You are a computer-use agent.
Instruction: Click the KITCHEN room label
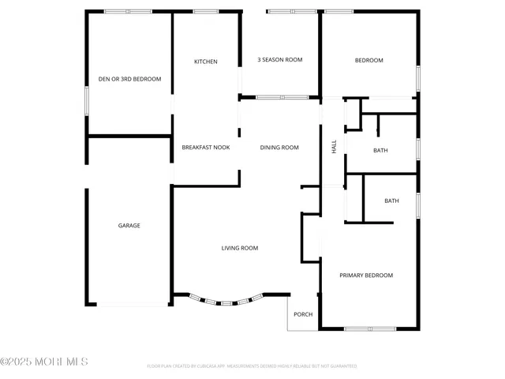point(206,62)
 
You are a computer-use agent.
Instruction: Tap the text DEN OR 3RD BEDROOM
point(129,79)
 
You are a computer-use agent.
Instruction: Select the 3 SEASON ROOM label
point(280,60)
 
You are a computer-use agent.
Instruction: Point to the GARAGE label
point(129,226)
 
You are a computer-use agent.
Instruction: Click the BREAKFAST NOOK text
point(206,147)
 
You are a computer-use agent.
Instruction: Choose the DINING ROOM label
point(280,147)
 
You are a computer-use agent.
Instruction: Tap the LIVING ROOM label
point(239,248)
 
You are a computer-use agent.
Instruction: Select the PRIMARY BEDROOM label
point(366,276)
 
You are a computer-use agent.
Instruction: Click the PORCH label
point(303,314)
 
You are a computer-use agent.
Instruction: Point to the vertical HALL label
point(334,146)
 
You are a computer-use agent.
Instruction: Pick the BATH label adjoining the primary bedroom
point(391,201)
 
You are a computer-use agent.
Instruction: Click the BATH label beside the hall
point(380,150)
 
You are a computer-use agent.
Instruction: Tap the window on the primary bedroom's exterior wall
point(370,328)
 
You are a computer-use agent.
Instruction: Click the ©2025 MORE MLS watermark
point(44,362)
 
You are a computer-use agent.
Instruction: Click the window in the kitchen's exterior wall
point(206,11)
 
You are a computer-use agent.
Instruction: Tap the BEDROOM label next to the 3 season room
point(368,61)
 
